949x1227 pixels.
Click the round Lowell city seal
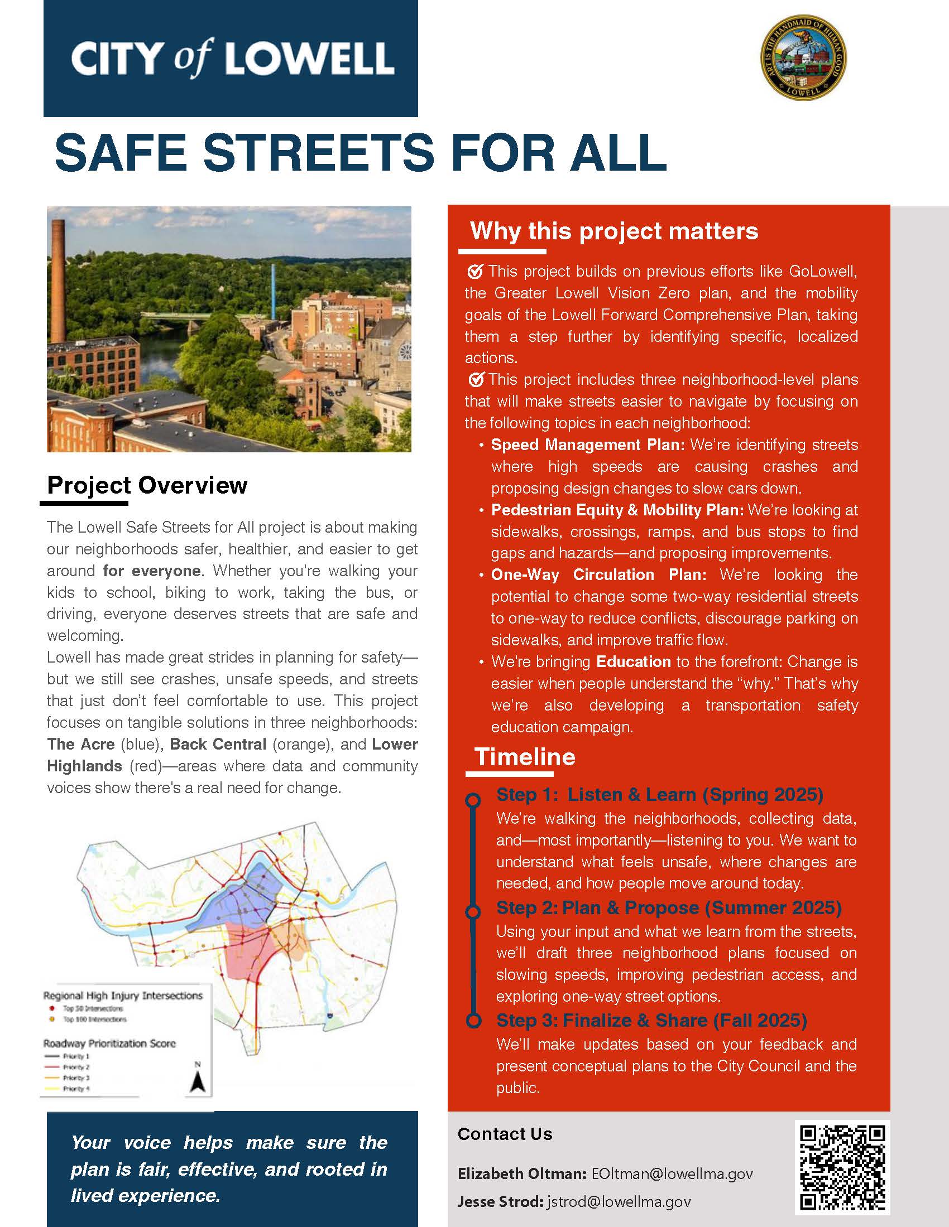point(803,57)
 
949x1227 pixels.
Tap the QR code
point(842,1167)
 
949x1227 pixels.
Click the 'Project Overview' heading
point(147,485)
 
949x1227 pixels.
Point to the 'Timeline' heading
point(525,757)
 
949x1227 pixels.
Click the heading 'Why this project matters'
point(614,231)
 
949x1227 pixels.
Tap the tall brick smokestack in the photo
point(57,276)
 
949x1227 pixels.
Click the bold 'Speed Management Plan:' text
point(587,445)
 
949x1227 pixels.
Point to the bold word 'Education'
point(633,661)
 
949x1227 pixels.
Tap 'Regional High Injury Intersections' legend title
point(123,996)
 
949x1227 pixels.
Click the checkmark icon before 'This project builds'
point(475,272)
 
